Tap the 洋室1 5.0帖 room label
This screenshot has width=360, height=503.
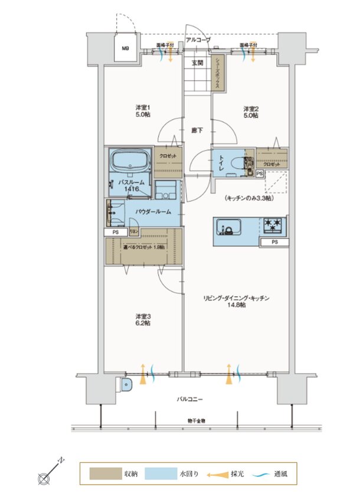pos(143,111)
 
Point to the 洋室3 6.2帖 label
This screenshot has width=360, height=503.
pos(143,319)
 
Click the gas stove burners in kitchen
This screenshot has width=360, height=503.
pos(273,225)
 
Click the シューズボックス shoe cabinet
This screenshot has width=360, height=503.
pos(217,74)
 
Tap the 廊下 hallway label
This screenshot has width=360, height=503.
pos(197,130)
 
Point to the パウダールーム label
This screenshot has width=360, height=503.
pos(153,211)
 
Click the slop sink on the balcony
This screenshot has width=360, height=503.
pos(127,385)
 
